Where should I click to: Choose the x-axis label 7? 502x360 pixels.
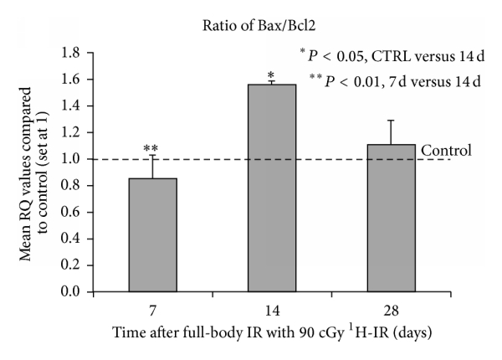tap(152, 307)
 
